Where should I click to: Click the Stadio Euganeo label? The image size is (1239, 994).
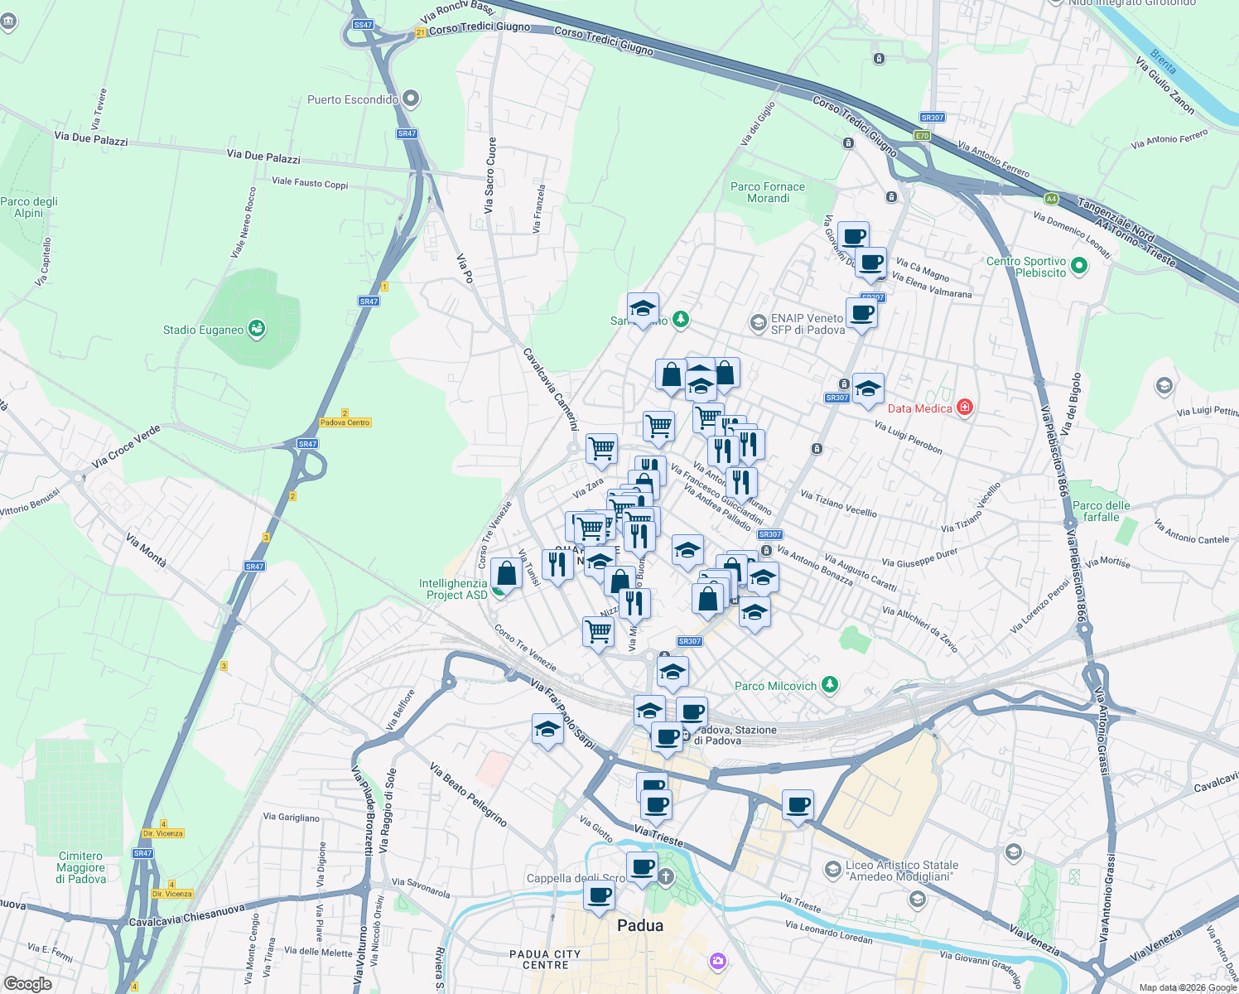[203, 330]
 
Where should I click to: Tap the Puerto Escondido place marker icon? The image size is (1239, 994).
[410, 99]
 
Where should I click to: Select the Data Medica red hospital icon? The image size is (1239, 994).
[964, 408]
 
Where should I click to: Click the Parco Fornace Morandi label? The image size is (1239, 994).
[768, 192]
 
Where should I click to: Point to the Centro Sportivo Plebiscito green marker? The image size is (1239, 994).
[1078, 266]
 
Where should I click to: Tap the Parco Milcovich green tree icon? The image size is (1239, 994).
[830, 685]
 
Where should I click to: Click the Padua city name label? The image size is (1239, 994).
[640, 925]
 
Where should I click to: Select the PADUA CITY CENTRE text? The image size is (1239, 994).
[545, 959]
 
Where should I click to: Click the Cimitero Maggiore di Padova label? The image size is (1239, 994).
[81, 867]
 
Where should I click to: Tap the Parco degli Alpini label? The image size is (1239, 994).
[29, 207]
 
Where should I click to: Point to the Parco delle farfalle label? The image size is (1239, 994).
[1101, 511]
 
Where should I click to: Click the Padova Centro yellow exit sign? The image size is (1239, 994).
[345, 422]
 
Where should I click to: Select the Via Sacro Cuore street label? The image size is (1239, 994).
[490, 176]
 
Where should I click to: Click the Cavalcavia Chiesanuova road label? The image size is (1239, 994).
[187, 914]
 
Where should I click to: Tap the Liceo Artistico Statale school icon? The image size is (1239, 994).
[832, 869]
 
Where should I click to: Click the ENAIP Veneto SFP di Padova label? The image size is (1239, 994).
[808, 324]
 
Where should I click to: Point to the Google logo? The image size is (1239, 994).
[27, 984]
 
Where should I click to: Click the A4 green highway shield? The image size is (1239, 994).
[1051, 199]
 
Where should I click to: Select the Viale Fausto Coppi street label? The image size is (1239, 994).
[310, 183]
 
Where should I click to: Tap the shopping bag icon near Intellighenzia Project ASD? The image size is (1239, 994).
[506, 573]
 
